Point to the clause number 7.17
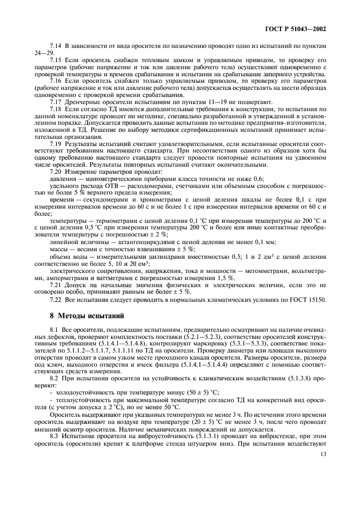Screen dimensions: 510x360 [x=56, y=101]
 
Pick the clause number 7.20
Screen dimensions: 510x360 [x=56, y=172]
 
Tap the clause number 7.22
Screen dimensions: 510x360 [x=56, y=299]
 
